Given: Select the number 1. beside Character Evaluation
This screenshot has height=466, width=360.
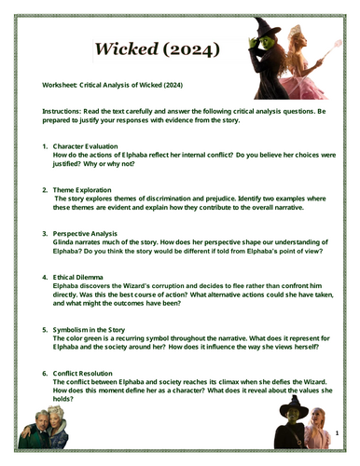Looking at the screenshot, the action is coord(46,147).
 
